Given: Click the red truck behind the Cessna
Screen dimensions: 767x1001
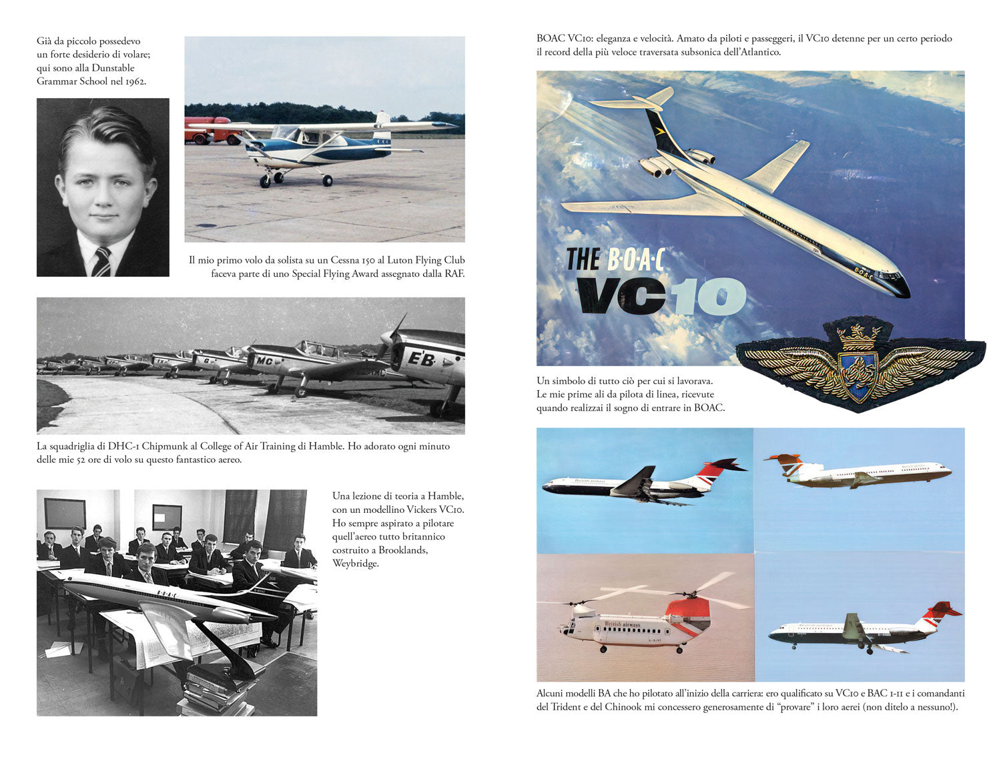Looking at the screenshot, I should (209, 130).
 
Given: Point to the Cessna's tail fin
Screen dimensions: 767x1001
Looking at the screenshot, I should (382, 125).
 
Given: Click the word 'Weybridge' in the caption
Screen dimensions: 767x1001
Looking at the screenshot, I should (356, 564).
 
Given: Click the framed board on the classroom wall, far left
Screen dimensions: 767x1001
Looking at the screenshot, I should (65, 514).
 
